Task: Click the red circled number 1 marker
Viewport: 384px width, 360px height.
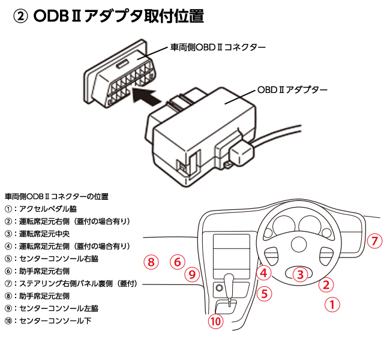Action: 332,304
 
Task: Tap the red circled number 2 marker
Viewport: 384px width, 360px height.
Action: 325,284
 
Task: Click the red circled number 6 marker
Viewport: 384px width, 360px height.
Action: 176,262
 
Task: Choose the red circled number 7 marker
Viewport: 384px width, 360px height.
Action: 374,241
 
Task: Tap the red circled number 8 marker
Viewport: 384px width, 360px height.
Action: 151,262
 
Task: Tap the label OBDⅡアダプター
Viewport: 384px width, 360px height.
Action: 292,89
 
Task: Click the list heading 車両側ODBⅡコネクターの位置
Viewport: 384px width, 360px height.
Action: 56,197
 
